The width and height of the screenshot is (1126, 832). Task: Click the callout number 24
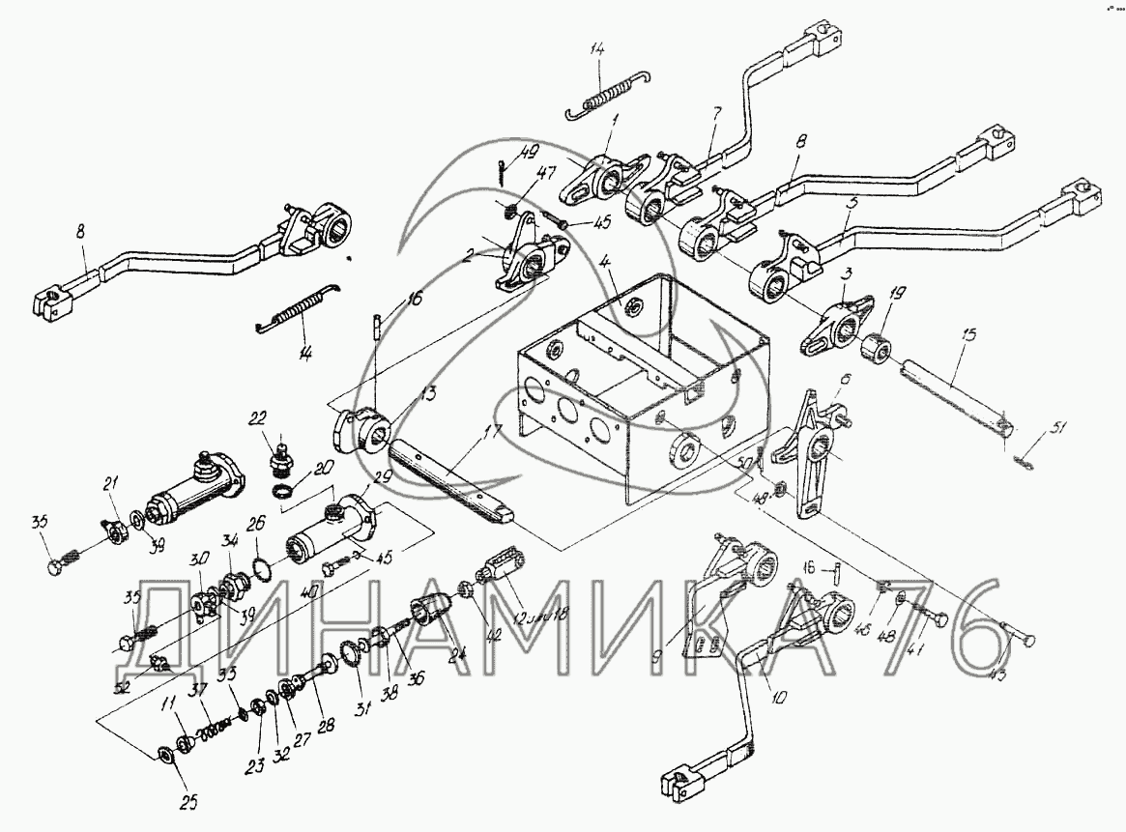[456, 652]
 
